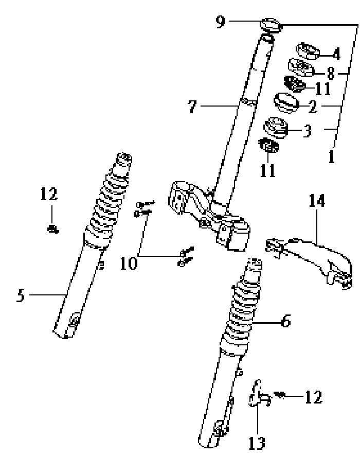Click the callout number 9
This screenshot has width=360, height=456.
[220, 23]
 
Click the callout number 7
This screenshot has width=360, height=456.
[192, 107]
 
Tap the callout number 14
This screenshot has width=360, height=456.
[317, 201]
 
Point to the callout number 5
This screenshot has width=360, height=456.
[20, 296]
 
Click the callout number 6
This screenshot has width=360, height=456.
[285, 322]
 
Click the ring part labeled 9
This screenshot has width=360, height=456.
[272, 25]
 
